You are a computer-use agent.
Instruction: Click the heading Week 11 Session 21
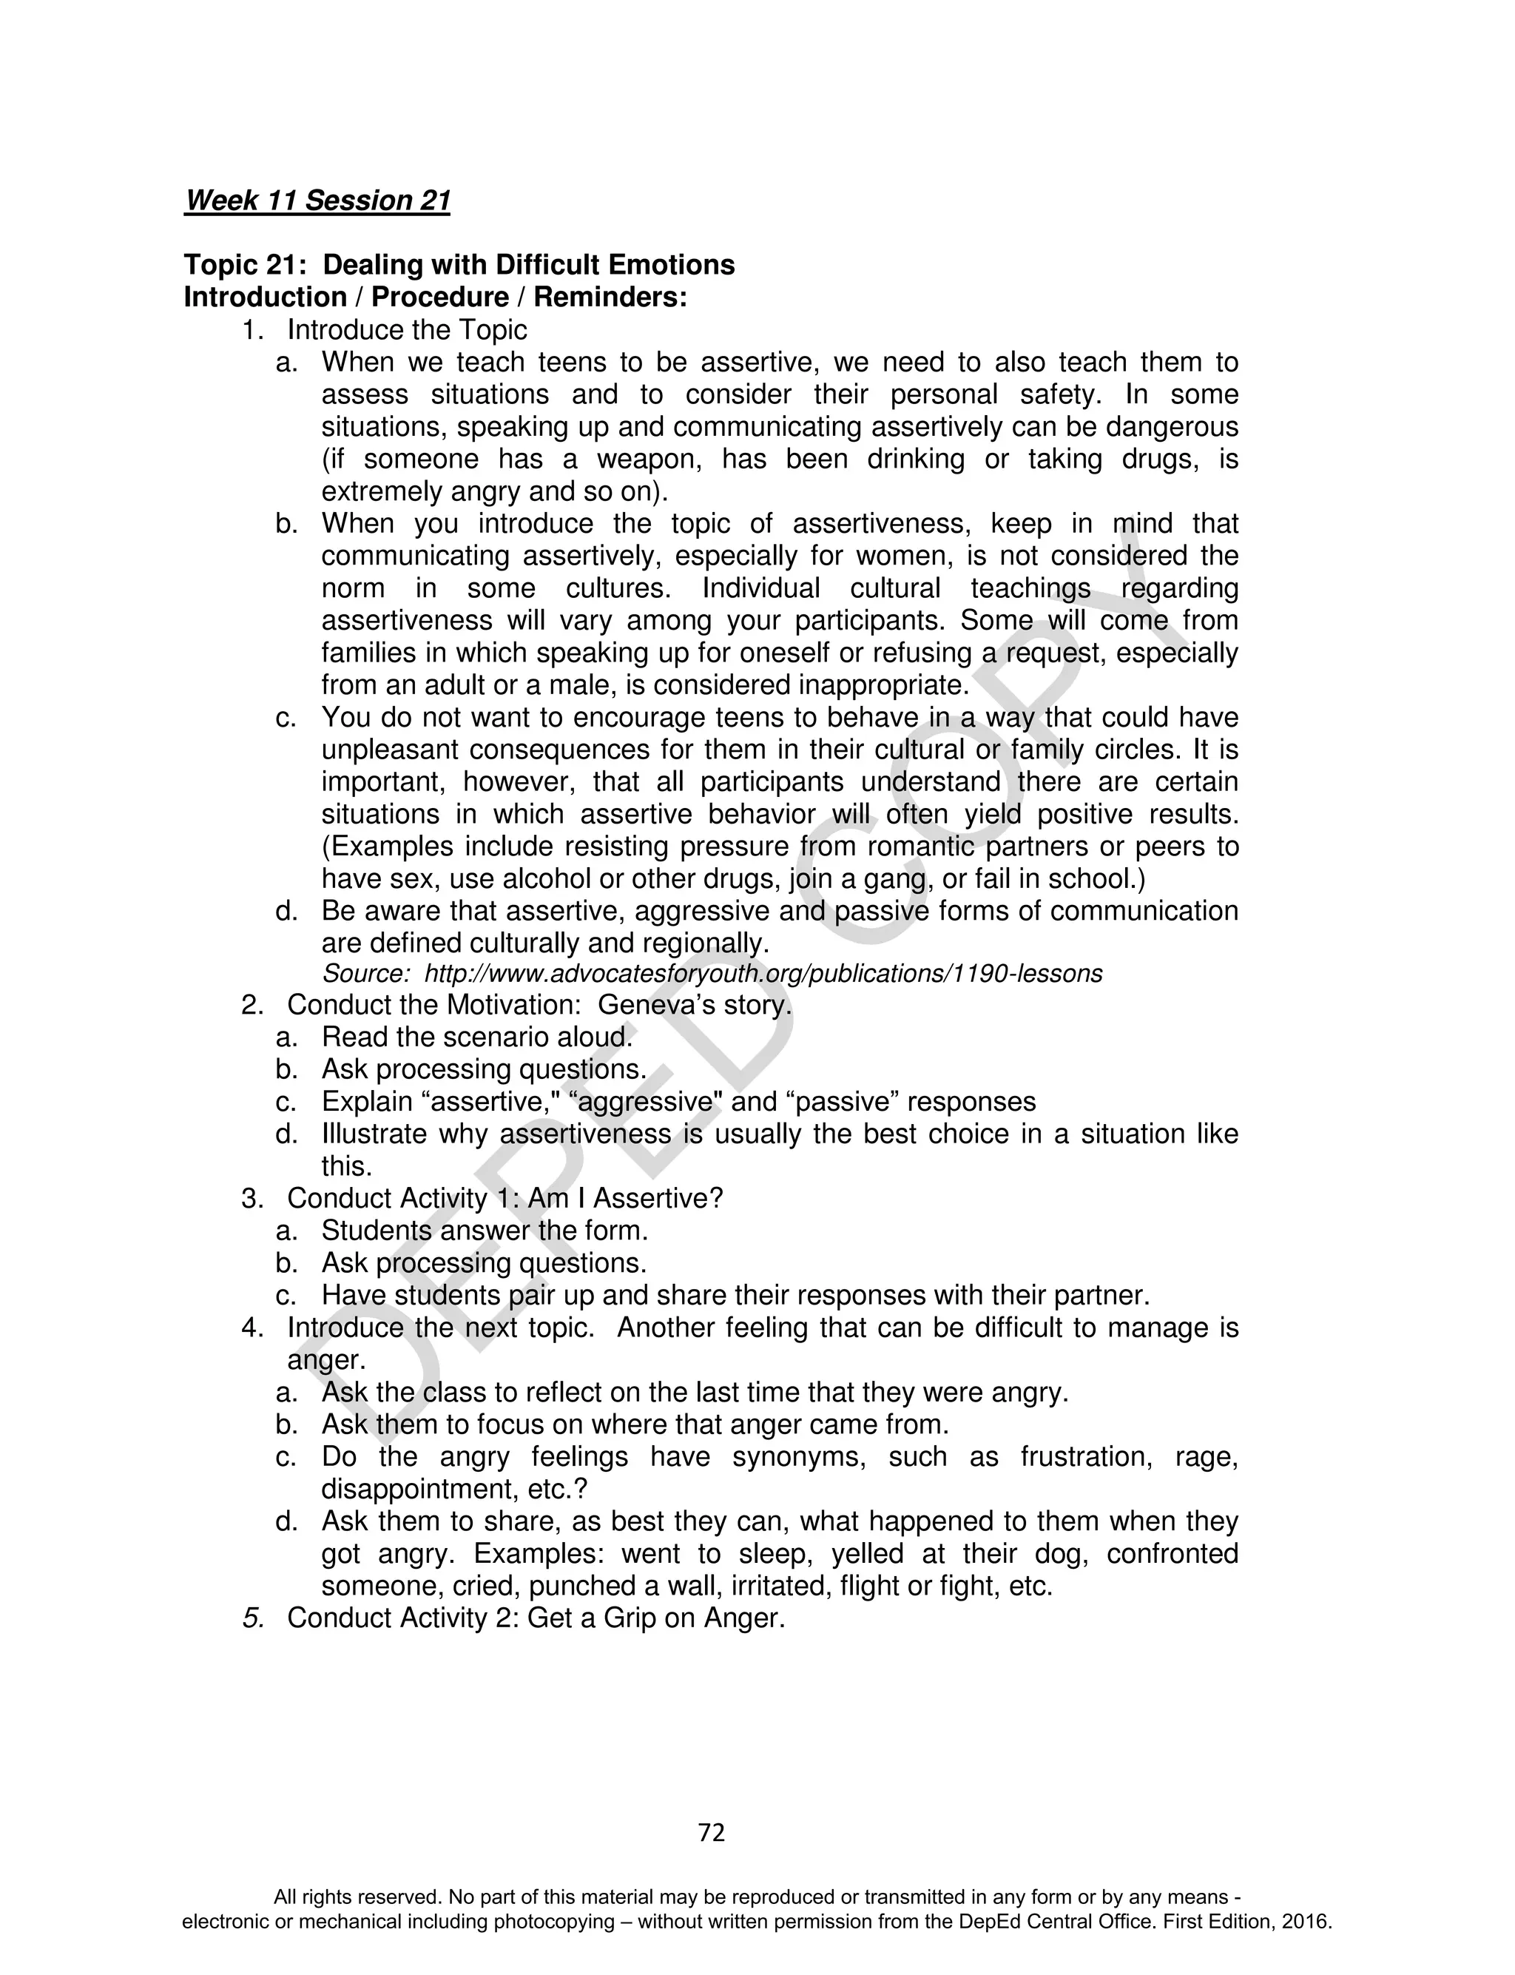317,201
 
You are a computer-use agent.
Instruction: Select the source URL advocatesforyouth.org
763,974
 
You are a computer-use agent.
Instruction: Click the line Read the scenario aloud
477,1037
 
